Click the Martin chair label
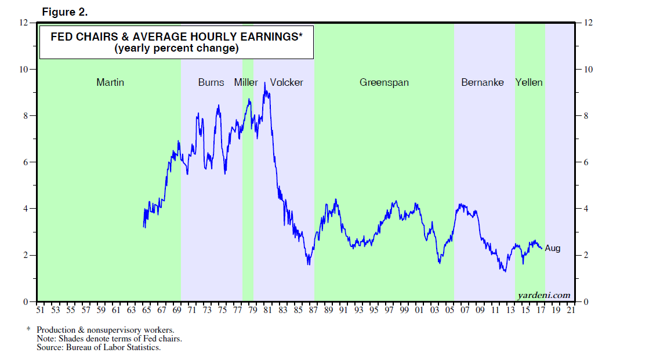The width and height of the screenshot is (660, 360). [110, 82]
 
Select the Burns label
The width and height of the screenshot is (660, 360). [211, 82]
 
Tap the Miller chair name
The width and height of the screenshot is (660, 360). [246, 82]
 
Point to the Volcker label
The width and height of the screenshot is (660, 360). [287, 82]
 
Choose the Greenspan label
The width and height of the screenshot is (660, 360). [384, 82]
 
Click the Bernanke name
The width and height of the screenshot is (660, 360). [483, 82]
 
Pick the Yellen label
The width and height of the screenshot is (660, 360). [529, 82]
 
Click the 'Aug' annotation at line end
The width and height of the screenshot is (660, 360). [553, 248]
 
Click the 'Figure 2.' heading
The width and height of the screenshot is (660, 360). [64, 12]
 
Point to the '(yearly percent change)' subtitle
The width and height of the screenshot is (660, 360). [177, 49]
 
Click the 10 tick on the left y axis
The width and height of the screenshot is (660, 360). [24, 69]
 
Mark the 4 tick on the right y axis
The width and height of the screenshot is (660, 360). [587, 209]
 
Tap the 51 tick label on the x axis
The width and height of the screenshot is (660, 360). [40, 310]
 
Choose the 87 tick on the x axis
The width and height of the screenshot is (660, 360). [314, 310]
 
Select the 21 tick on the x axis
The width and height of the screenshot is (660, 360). [571, 310]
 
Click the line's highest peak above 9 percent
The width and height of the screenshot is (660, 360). [264, 83]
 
